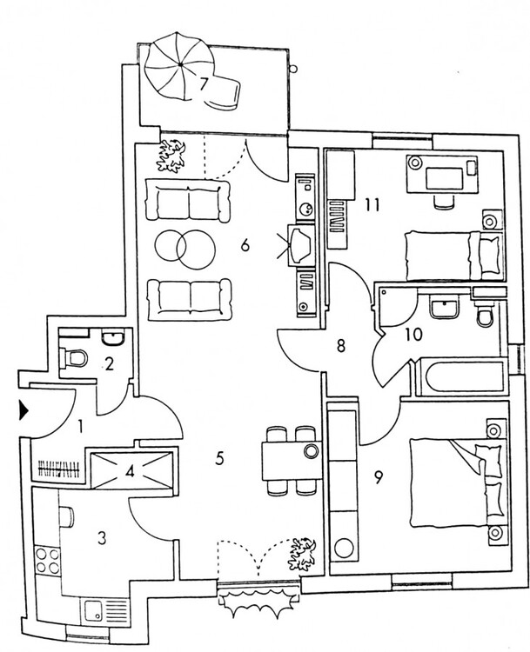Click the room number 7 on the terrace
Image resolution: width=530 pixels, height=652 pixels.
[x=203, y=85]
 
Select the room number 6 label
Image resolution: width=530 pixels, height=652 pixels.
[x=245, y=246]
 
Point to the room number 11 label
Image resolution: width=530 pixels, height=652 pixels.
[x=373, y=206]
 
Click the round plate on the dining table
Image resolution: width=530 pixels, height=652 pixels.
[x=312, y=451]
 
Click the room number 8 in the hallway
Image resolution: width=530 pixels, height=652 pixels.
[x=341, y=346]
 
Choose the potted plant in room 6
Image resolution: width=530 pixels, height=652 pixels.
[x=174, y=155]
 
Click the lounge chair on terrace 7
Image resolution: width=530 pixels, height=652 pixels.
[x=225, y=90]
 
